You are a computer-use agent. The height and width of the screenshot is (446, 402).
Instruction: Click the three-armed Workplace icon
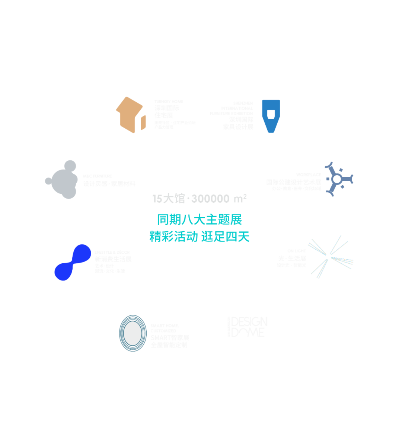tap(337, 179)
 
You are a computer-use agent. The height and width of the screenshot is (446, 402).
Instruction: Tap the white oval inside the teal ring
tap(133, 333)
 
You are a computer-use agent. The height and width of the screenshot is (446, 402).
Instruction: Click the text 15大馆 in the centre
tap(169, 199)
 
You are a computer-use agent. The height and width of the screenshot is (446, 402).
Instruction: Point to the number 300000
tap(210, 199)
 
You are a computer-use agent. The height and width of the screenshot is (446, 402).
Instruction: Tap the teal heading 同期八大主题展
tap(199, 220)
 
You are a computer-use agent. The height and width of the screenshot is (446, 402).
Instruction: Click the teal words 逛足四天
tap(225, 237)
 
